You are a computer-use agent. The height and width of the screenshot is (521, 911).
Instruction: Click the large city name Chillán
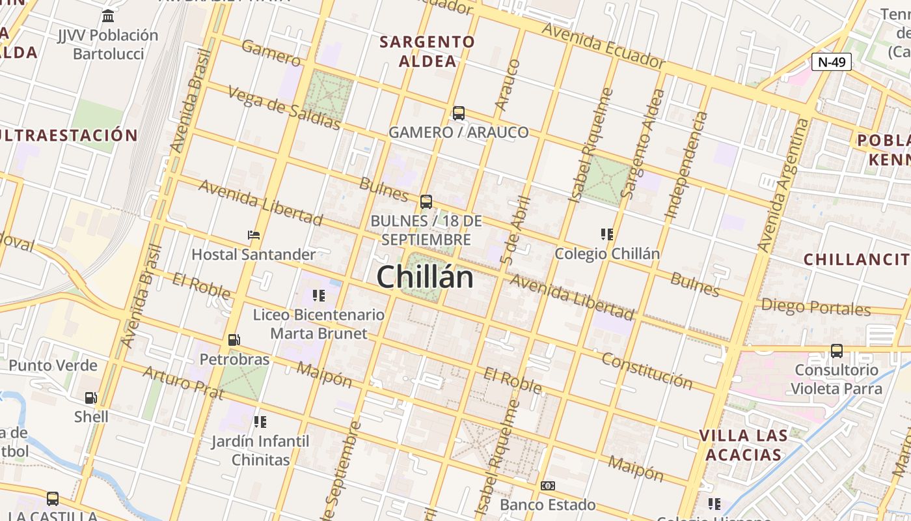[425, 277]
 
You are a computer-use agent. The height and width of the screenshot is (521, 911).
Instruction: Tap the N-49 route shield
[832, 63]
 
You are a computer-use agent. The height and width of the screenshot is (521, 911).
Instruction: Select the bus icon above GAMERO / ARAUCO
[459, 113]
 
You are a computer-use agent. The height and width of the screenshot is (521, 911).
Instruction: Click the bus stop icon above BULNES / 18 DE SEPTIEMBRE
[426, 202]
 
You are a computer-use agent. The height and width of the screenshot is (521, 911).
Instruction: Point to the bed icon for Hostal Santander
[254, 235]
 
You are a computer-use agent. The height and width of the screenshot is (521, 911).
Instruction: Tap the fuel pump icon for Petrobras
[234, 340]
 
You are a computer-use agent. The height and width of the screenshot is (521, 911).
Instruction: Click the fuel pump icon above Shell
[91, 397]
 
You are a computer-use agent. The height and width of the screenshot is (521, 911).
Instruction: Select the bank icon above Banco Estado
[548, 486]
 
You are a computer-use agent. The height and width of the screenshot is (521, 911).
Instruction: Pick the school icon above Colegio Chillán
[607, 234]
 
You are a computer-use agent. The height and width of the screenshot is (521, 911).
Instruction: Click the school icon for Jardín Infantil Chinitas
[260, 422]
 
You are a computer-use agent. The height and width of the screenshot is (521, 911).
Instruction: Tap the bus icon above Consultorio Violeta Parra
[837, 351]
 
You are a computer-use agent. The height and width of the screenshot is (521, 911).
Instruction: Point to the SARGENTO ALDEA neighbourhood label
[428, 51]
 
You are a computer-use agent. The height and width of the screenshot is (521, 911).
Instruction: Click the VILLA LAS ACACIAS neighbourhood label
[743, 445]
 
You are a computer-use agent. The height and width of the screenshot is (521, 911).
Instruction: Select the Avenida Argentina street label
[784, 185]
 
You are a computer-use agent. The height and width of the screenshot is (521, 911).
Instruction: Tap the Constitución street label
[647, 370]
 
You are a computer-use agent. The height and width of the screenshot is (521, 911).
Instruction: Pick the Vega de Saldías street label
[284, 107]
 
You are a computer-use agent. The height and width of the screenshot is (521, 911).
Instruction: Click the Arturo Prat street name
[183, 383]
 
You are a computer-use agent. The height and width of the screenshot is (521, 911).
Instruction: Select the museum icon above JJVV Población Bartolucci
[108, 16]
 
